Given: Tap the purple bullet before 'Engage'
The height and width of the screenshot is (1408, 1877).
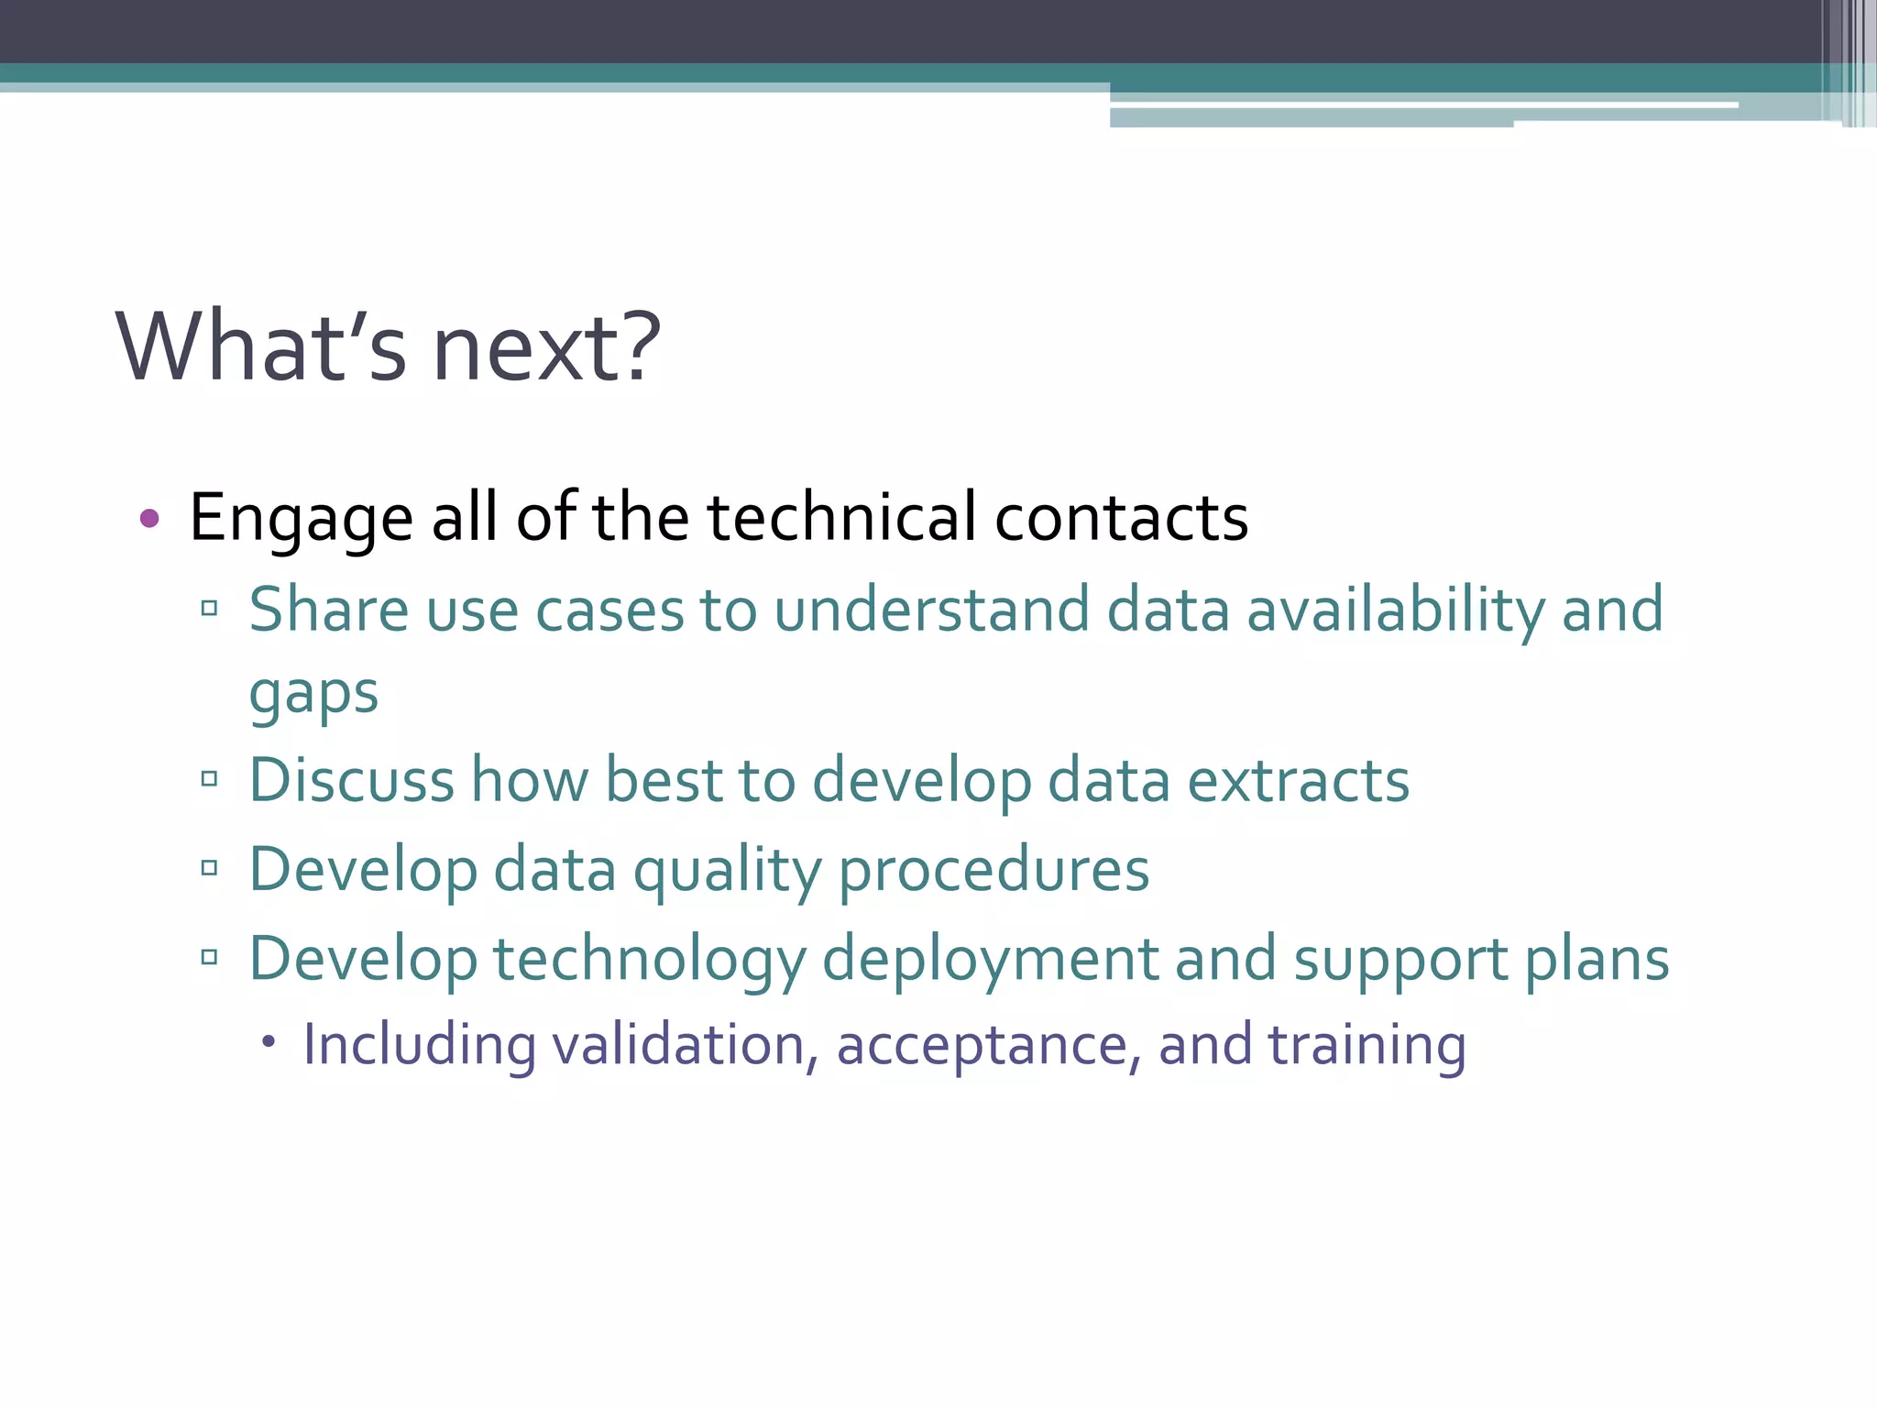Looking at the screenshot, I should point(149,519).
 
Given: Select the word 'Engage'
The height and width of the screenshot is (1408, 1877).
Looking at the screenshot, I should point(301,519).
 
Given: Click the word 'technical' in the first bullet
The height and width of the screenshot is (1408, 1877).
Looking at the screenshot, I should point(841,517).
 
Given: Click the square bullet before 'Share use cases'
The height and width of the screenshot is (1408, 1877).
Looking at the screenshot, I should point(210,608).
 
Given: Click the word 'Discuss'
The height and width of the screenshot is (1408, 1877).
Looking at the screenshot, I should point(352,781).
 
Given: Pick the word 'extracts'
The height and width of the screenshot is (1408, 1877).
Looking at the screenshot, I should point(1298,782).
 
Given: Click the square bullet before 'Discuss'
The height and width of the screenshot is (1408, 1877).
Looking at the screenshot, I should point(210,779).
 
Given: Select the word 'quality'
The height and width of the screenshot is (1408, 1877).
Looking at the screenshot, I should point(728,871).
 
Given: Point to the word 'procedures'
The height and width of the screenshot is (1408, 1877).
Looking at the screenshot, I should point(993,871).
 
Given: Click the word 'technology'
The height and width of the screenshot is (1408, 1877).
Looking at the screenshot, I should point(649,961).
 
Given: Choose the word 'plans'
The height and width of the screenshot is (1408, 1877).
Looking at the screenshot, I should point(1597,961).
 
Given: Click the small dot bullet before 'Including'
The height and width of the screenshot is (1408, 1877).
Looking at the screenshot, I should point(268,1041).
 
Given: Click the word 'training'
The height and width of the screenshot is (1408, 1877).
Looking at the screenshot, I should point(1367,1045).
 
